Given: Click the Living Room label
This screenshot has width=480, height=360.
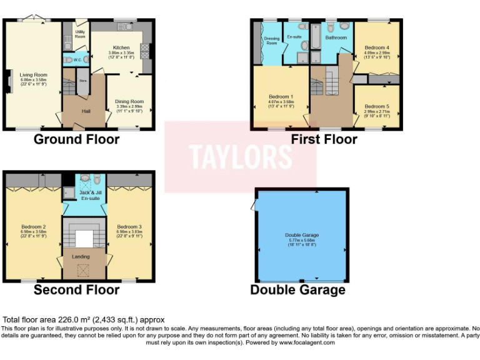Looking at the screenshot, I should (x=34, y=75).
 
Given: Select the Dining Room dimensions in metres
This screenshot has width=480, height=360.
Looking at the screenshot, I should (x=130, y=106).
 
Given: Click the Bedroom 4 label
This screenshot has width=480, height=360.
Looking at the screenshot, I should (x=377, y=48).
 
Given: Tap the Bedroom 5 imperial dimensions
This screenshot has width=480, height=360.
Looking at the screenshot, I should (x=377, y=116).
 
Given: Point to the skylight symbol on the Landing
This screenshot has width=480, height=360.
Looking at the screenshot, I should (x=81, y=271).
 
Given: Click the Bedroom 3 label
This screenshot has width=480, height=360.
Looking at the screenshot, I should (x=130, y=226).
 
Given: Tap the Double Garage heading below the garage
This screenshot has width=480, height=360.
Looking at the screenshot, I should (x=297, y=290).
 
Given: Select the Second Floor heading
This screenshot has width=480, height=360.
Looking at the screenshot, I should (x=76, y=290).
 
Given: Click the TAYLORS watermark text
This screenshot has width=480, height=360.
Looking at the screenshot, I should (x=240, y=157).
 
